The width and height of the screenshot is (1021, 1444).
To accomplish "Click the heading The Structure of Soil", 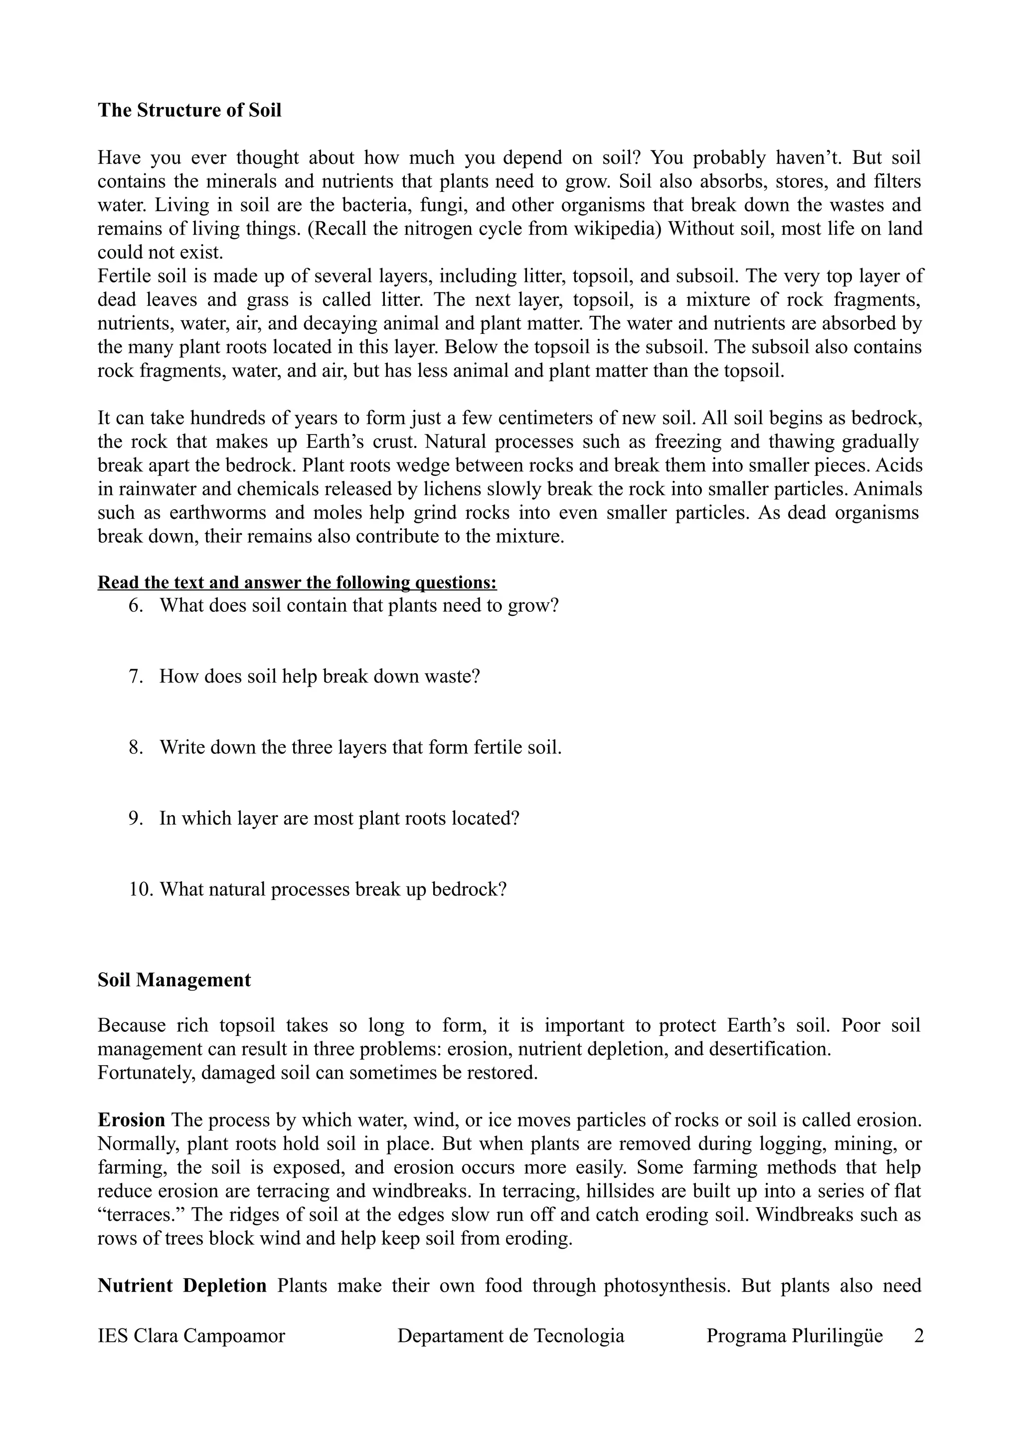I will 189,110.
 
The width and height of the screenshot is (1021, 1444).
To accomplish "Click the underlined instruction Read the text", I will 297,582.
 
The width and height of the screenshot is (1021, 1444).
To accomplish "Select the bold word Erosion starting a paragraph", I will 132,1120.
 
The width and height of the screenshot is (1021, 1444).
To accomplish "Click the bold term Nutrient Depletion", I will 182,1286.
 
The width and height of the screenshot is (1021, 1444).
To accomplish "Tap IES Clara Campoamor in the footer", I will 191,1336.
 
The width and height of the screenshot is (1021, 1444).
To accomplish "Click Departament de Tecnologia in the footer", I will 511,1336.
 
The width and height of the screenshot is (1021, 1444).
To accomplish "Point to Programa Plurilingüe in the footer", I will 795,1336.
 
